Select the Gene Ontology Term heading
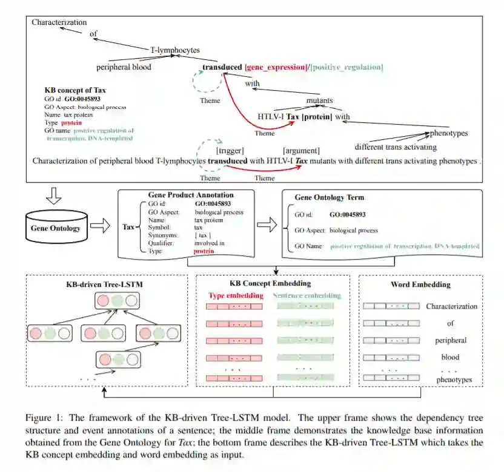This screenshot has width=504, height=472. tap(330, 198)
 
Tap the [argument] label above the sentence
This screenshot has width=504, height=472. tap(301, 149)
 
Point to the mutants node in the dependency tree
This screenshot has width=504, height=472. tap(319, 100)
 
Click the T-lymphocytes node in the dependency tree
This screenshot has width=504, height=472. tap(174, 50)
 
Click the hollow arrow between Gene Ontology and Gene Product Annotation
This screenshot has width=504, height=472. tap(101, 226)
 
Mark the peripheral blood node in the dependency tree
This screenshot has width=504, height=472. tap(124, 67)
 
